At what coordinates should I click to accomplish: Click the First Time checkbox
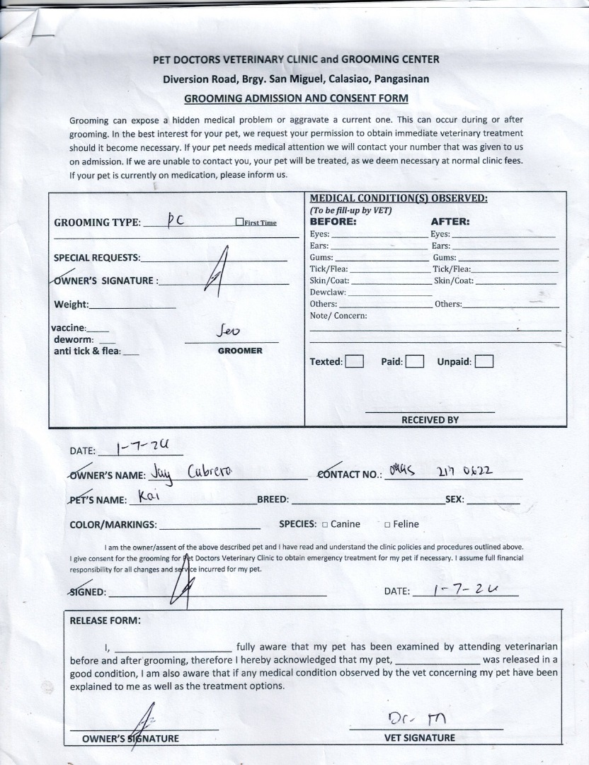[239, 222]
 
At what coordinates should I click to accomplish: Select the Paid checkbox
[415, 362]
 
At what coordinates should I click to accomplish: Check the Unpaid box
[484, 362]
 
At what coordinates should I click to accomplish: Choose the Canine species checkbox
[324, 525]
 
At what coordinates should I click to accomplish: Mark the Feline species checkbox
[387, 525]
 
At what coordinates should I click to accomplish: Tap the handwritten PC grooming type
[175, 220]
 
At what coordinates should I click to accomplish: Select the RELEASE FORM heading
[105, 620]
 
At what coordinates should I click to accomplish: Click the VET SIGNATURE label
[420, 737]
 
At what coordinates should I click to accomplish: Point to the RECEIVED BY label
[430, 419]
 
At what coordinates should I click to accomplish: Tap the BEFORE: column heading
[333, 221]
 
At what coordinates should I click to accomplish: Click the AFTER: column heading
[450, 221]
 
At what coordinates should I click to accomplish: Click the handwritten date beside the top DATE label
[139, 447]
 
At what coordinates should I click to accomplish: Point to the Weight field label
[72, 305]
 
